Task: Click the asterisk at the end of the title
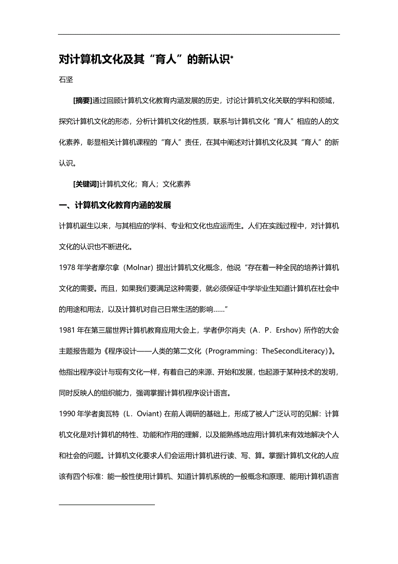pos(231,57)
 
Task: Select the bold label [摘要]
pos(83,100)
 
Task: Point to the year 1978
pos(67,268)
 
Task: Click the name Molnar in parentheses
pos(138,268)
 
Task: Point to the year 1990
pos(67,413)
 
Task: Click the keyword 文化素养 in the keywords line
pos(177,184)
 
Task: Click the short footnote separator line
pos(107,504)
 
